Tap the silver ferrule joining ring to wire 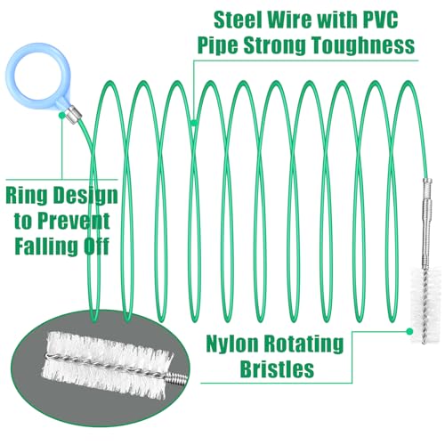pos(73,115)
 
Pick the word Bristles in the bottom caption pos(277,368)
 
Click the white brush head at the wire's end pos(425,305)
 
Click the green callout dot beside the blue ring pos(61,115)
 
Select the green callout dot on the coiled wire pos(194,122)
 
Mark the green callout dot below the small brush pos(409,331)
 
